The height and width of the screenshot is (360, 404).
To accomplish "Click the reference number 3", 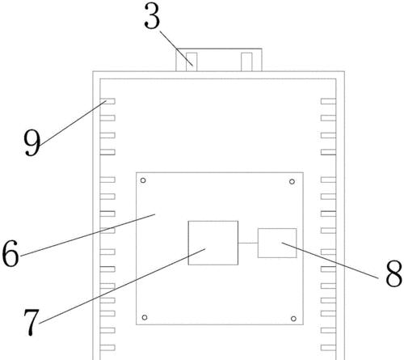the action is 152,16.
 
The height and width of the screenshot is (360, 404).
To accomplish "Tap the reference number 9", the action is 32,142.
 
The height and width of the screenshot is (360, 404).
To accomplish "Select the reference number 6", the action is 11,253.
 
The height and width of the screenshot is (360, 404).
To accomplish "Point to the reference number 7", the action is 32,322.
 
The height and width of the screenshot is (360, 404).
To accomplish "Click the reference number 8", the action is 393,273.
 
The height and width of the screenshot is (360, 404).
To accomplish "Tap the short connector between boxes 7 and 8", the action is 248,243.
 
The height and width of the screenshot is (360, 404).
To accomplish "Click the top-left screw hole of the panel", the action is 143,180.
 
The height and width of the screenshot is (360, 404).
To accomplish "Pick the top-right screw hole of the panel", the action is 292,182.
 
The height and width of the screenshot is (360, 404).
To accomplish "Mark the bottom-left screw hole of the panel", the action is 145,317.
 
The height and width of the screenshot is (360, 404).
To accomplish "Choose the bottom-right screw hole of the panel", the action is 293,319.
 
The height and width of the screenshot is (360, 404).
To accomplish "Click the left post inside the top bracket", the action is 191,62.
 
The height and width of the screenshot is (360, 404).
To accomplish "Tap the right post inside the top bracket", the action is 246,62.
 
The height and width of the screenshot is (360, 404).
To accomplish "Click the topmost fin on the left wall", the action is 107,101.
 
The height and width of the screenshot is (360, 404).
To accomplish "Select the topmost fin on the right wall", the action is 328,101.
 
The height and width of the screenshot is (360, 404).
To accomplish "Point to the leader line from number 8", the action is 330,260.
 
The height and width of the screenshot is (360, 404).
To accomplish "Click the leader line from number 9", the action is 73,123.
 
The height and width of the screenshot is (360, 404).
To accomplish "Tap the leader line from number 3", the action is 176,49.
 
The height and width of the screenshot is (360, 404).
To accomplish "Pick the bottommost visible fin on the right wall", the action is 328,348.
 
